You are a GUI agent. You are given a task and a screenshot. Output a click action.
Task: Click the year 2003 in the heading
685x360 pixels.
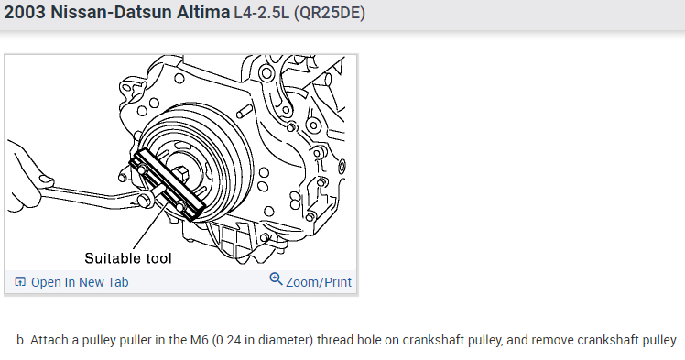[25, 12]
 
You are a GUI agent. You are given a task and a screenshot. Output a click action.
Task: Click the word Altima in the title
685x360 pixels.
[203, 12]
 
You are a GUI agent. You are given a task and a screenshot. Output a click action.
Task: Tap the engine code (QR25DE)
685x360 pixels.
[330, 13]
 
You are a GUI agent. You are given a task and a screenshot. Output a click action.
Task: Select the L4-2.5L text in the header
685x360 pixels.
[261, 13]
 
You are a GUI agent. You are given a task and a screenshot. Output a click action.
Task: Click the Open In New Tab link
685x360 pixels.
[80, 282]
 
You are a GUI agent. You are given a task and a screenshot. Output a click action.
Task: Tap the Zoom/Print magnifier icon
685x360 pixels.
[276, 278]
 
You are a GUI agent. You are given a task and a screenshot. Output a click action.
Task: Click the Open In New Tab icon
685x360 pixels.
[20, 282]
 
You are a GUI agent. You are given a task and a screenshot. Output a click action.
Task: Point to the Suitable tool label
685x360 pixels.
[128, 258]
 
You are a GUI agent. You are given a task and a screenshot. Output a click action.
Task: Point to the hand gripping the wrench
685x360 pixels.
[24, 177]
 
